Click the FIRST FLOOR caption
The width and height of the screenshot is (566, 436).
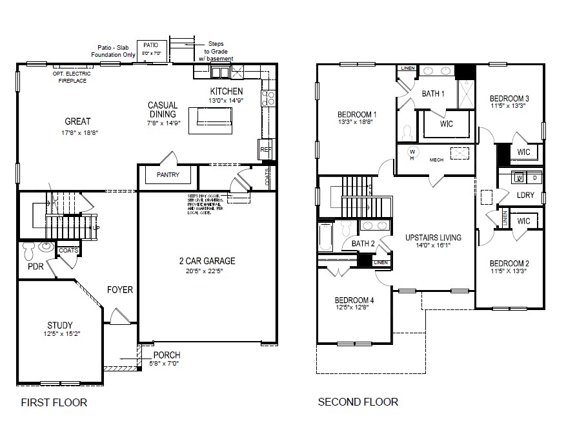pyautogui.click(x=54, y=402)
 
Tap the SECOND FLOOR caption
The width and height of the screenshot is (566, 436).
pyautogui.click(x=358, y=402)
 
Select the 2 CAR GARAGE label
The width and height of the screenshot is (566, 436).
pyautogui.click(x=207, y=261)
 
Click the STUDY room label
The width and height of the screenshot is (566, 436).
pyautogui.click(x=59, y=325)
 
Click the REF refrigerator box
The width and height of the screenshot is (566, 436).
pyautogui.click(x=266, y=149)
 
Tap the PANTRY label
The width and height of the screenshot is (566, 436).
pyautogui.click(x=168, y=175)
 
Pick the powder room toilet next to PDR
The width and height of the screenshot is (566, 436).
pyautogui.click(x=30, y=247)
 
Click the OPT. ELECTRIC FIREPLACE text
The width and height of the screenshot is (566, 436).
pyautogui.click(x=72, y=77)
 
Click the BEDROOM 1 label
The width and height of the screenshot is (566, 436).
pyautogui.click(x=357, y=114)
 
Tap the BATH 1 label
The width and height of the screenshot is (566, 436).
pyautogui.click(x=433, y=94)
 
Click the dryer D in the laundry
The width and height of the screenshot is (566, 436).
pyautogui.click(x=534, y=178)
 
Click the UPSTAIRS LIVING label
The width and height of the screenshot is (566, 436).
pyautogui.click(x=431, y=236)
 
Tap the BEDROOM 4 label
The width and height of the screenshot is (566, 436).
pyautogui.click(x=354, y=300)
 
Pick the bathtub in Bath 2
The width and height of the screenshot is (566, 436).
pyautogui.click(x=325, y=237)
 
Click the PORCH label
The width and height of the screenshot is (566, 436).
pyautogui.click(x=166, y=355)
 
